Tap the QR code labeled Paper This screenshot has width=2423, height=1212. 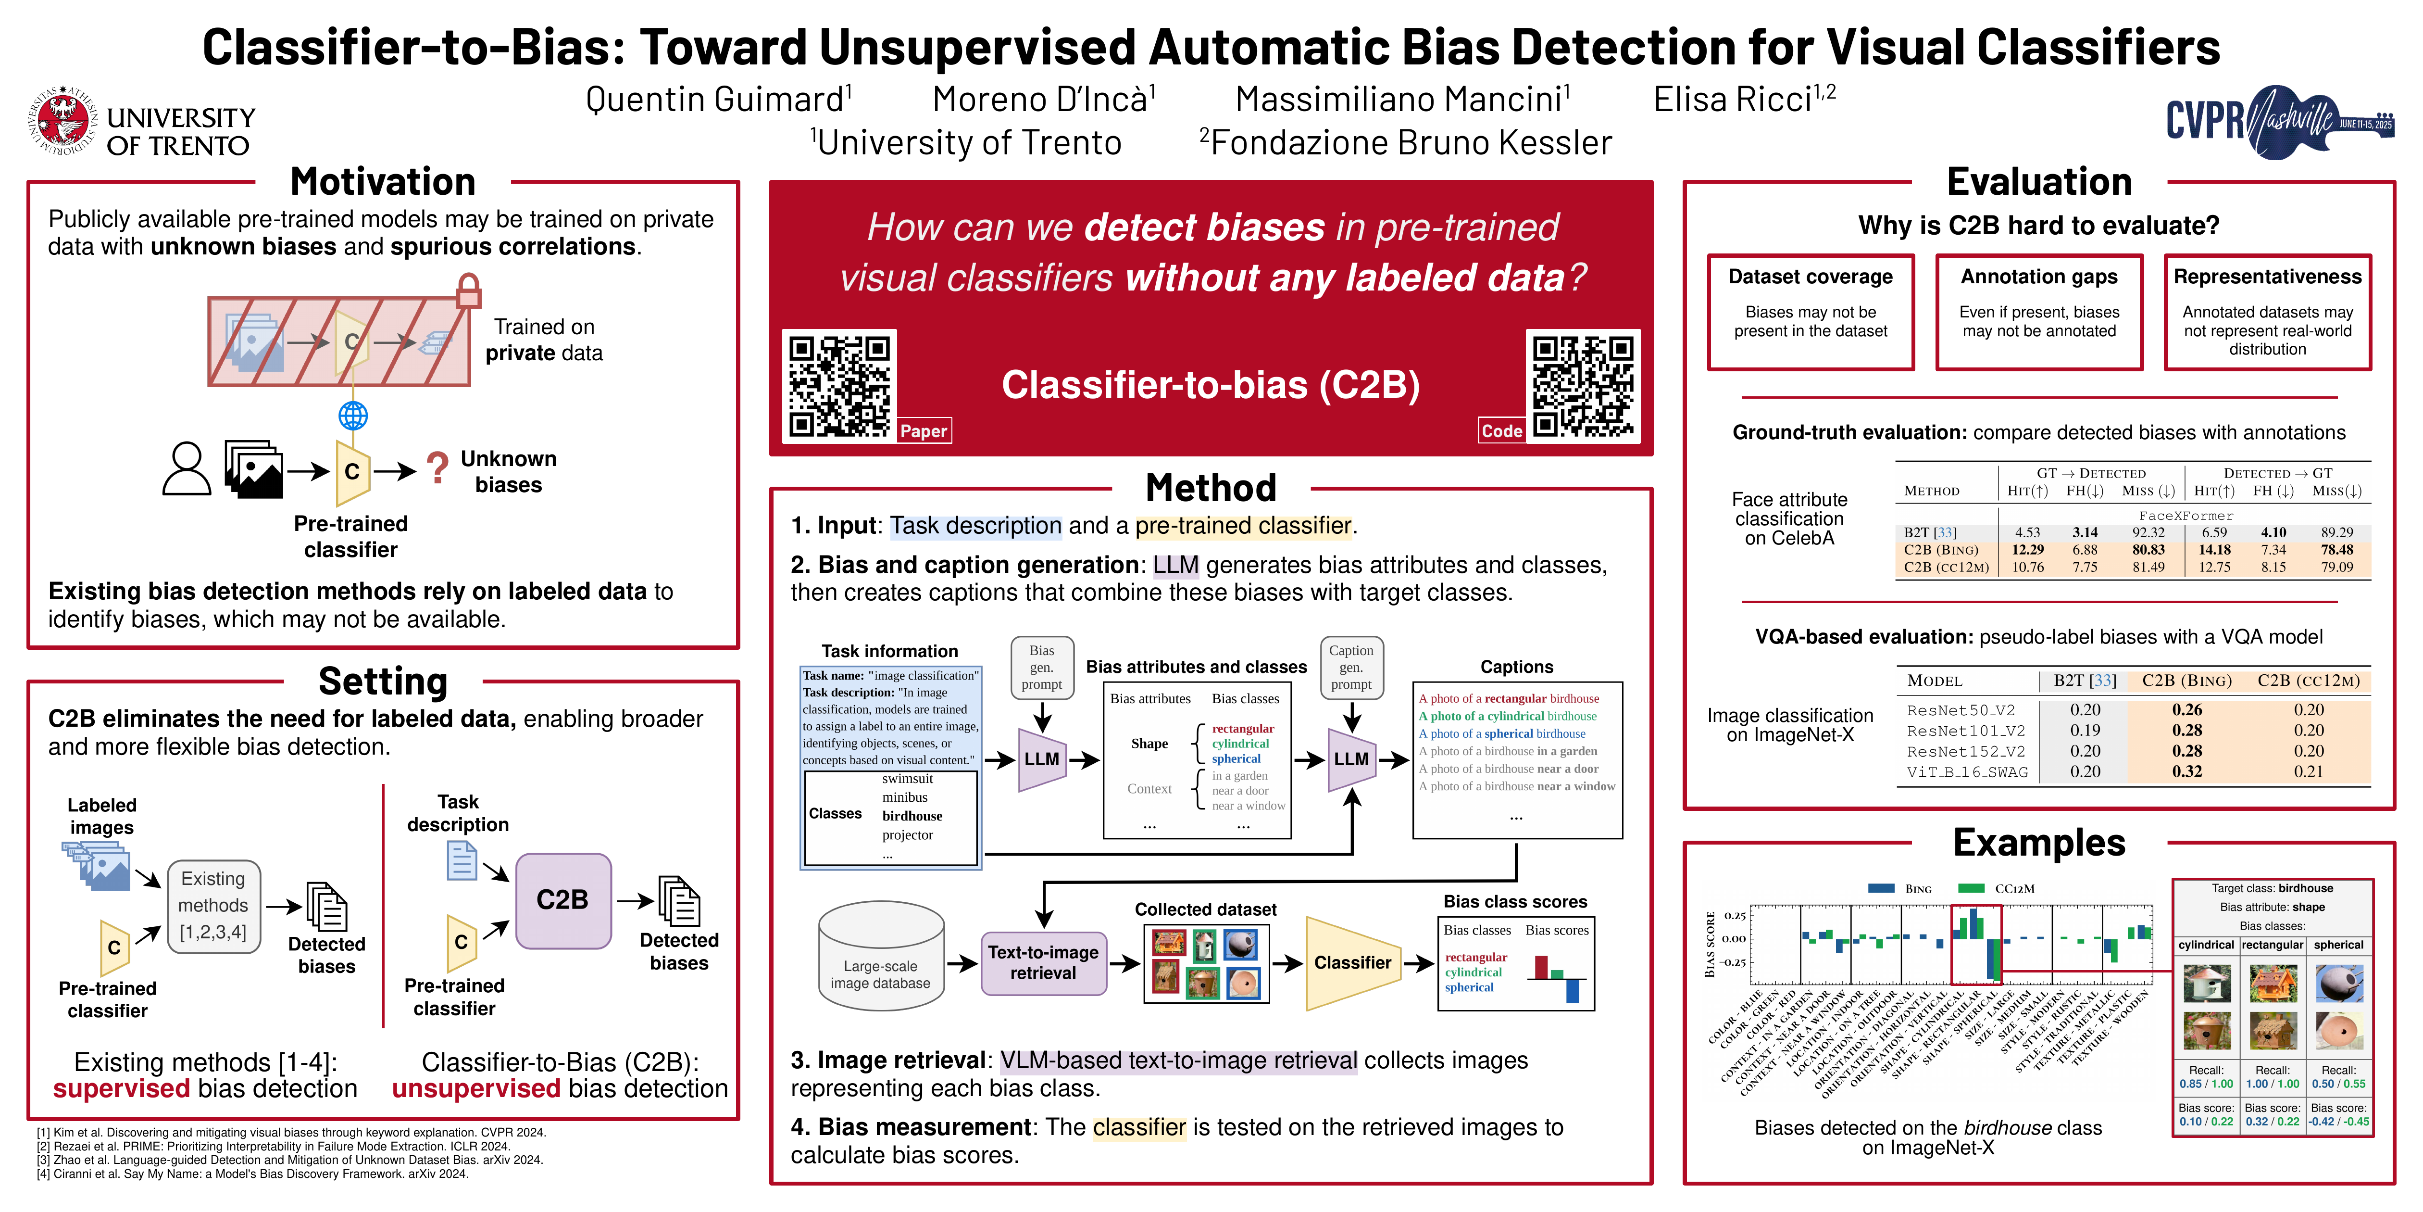(839, 386)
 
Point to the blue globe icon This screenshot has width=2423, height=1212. (353, 415)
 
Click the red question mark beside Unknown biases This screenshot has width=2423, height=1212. (437, 467)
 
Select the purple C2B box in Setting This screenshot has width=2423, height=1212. (562, 900)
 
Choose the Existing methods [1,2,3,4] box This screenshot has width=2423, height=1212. (213, 905)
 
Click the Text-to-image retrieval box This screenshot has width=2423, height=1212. (1043, 963)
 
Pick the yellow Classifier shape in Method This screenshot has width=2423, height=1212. (1352, 963)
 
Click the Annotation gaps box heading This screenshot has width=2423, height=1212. (2038, 277)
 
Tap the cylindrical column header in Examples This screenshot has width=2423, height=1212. (2206, 945)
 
